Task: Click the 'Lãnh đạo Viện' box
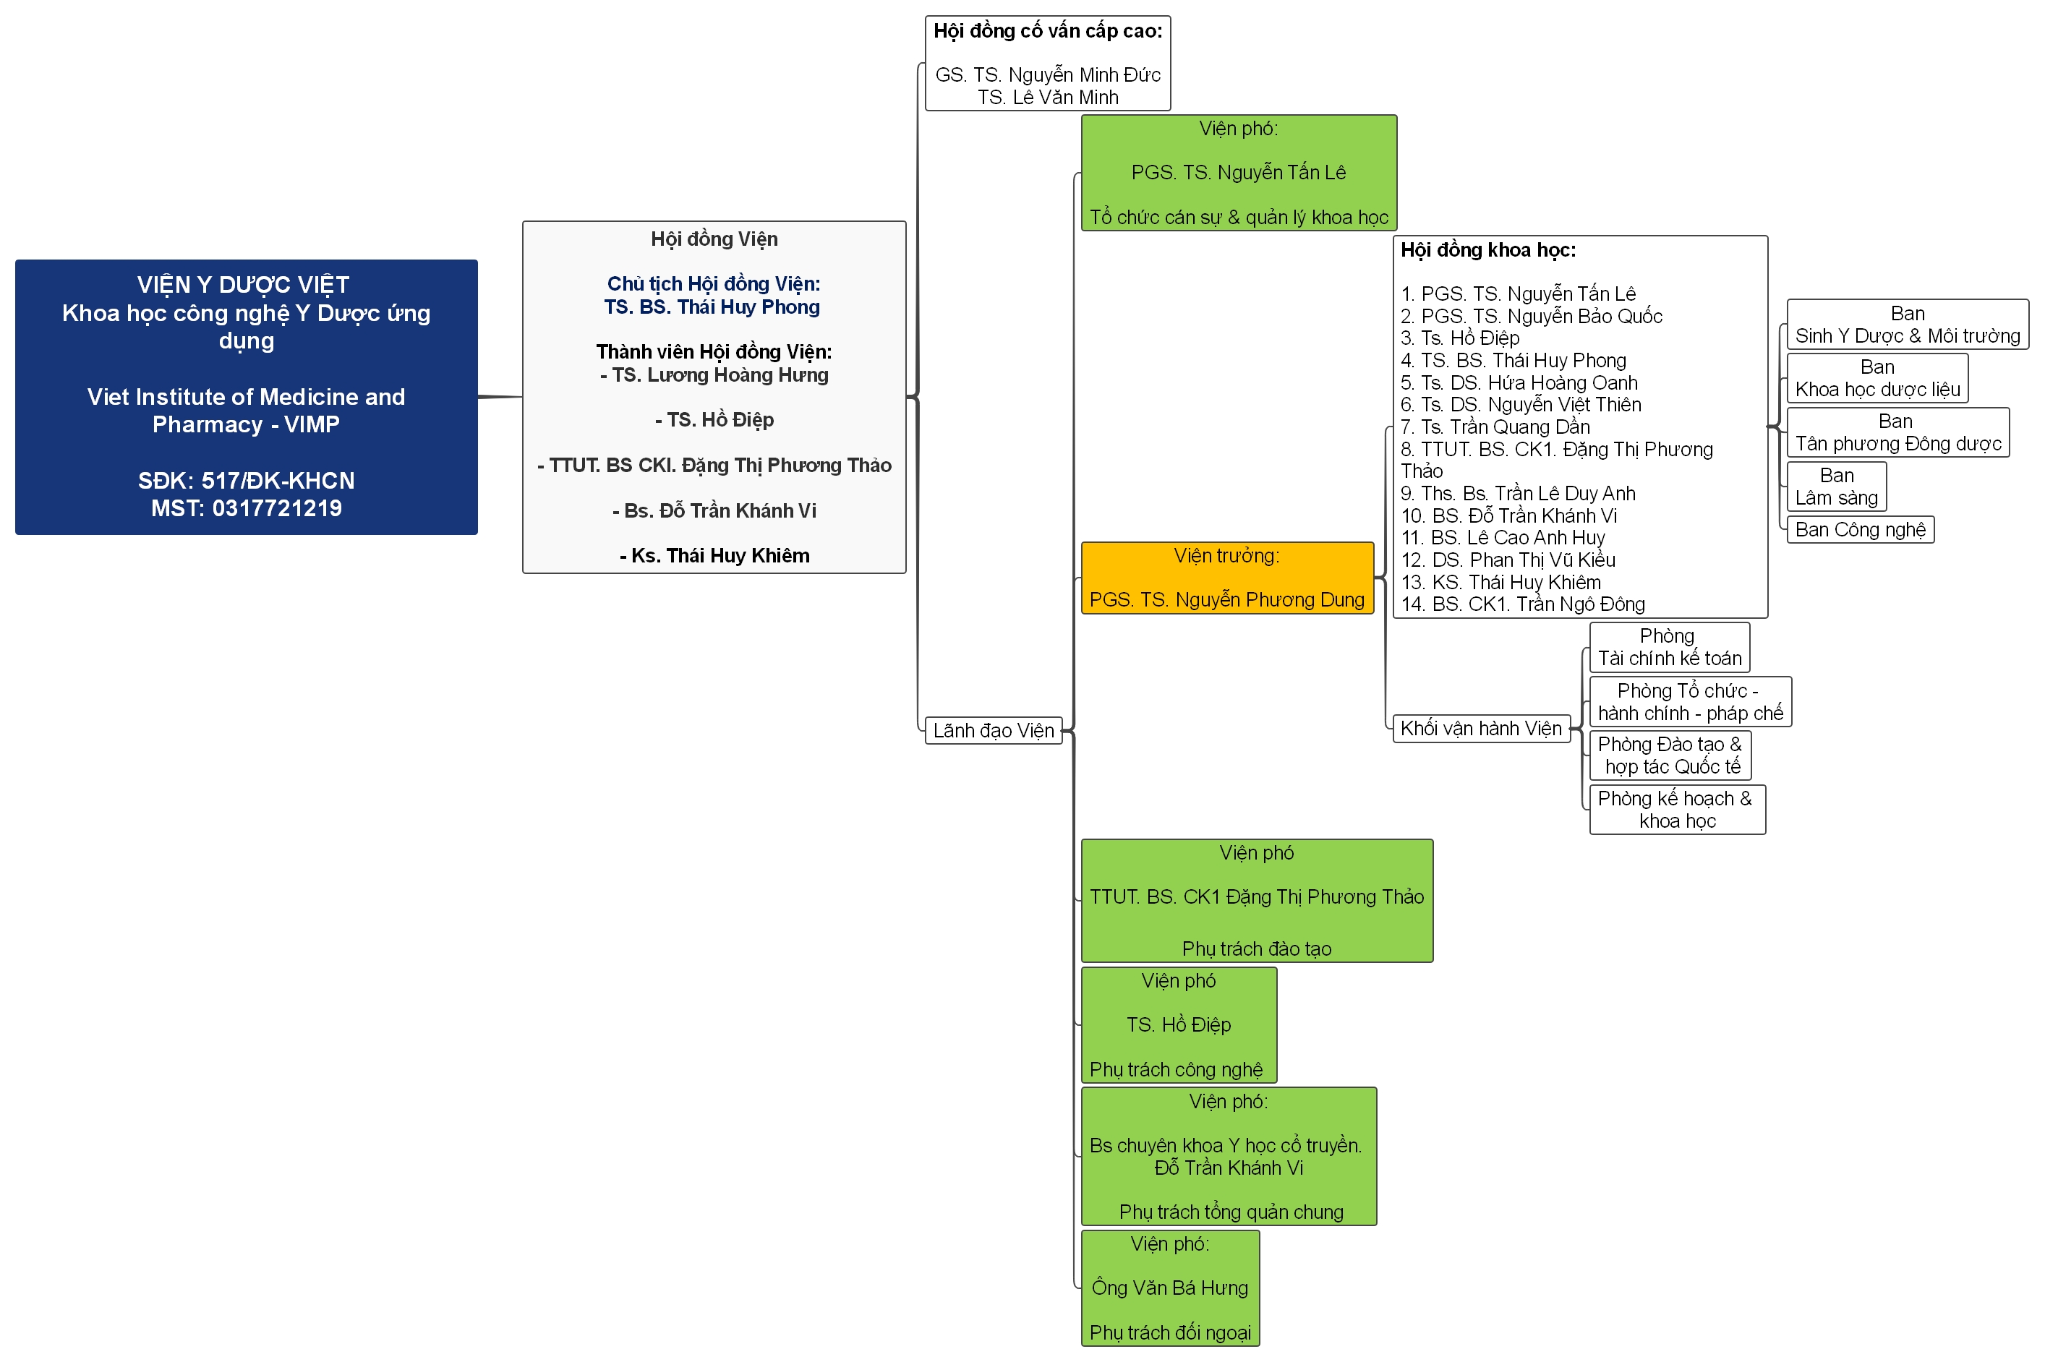click(993, 730)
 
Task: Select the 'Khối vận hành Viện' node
click(1480, 728)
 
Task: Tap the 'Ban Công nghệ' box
click(1859, 529)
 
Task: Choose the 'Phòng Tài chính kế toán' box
click(1669, 647)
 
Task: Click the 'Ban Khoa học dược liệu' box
click(1877, 378)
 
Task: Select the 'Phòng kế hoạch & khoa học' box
click(1677, 810)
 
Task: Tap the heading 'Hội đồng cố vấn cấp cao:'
click(1048, 31)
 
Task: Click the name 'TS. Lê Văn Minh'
click(1048, 98)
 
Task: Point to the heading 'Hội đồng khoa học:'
click(1488, 250)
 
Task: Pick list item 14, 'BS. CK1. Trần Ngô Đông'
click(1523, 604)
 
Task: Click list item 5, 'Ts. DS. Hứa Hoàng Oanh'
click(1519, 382)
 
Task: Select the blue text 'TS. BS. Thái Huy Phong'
click(712, 307)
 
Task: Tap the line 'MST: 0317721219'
click(247, 508)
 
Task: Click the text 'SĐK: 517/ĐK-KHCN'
click(247, 480)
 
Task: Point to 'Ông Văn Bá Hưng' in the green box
click(1169, 1288)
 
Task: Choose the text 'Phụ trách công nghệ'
click(1177, 1069)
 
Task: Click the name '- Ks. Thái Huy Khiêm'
click(714, 556)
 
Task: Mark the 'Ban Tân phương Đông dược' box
click(1897, 432)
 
